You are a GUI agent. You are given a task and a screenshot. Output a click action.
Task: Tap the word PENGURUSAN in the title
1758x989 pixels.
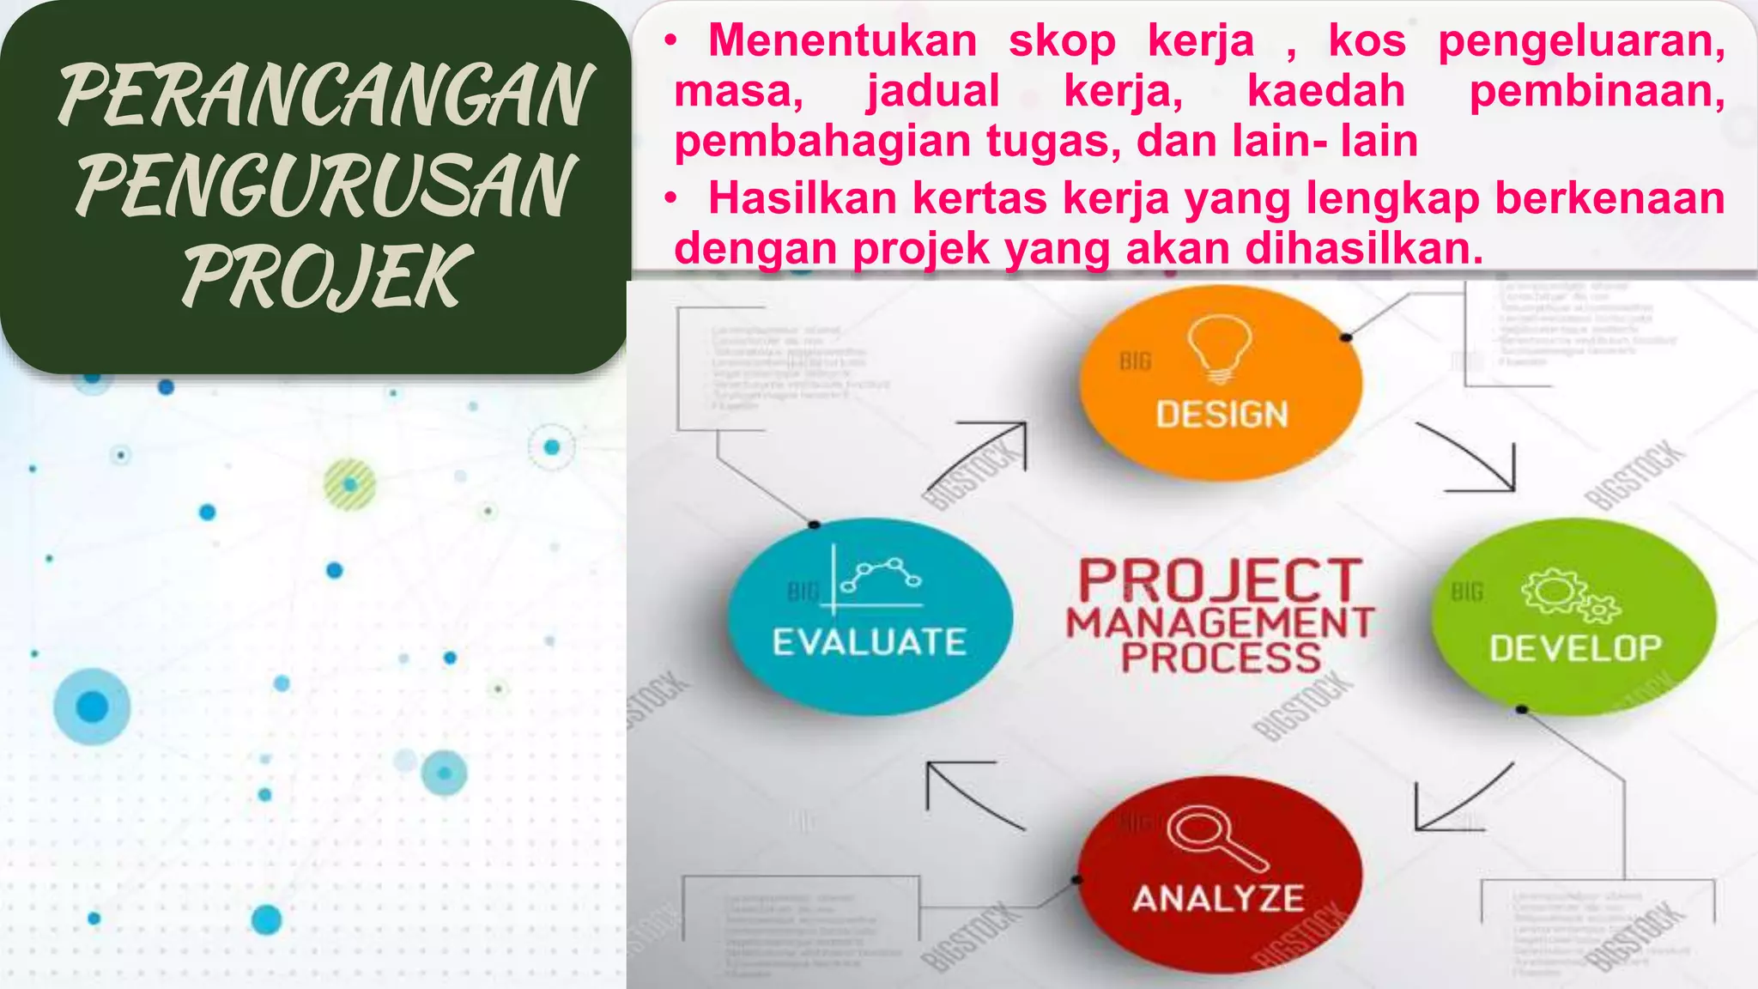324,185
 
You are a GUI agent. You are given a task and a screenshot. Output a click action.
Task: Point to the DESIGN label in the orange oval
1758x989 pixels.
1222,415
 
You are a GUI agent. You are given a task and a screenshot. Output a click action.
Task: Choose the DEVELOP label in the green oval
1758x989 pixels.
1575,648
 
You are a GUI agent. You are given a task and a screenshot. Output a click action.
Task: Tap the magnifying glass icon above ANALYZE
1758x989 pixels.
1216,837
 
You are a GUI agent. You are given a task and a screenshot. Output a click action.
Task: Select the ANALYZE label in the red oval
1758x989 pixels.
1218,899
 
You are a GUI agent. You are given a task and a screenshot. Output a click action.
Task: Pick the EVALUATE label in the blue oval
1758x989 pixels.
869,642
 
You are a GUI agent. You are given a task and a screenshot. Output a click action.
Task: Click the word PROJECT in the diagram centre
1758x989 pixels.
1220,580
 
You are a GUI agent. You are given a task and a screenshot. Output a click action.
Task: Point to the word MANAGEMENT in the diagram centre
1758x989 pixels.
1220,622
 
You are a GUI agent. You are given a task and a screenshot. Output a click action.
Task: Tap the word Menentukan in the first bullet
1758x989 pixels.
842,40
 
